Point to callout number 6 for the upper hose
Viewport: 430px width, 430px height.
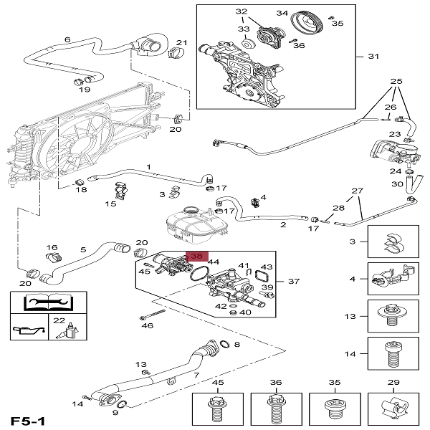(67, 39)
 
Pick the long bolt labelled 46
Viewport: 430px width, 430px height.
(153, 315)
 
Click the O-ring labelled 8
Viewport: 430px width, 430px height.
(224, 345)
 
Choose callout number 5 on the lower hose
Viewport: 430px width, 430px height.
(82, 249)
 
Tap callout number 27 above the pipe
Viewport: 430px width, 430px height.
(358, 191)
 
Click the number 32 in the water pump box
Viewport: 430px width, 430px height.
(242, 12)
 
